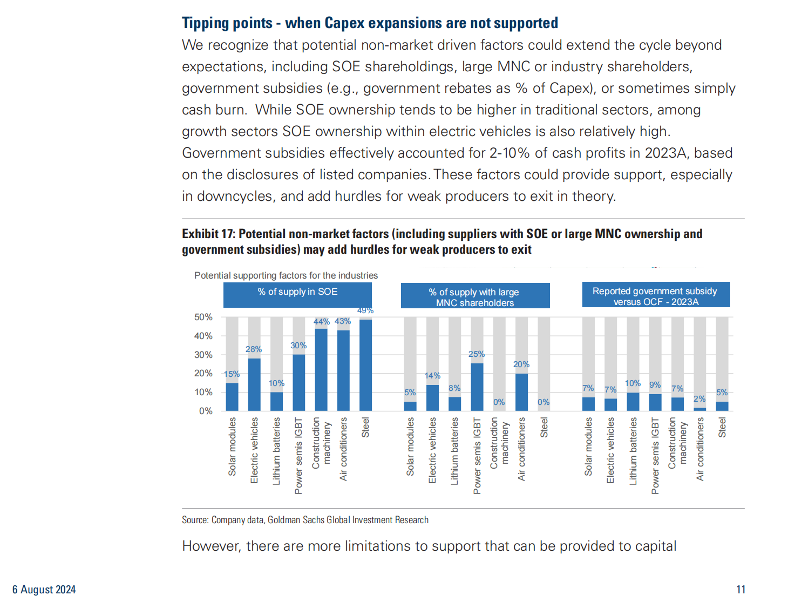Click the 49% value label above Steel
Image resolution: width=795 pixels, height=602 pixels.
tap(365, 310)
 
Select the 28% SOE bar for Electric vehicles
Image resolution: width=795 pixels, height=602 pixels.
tap(254, 384)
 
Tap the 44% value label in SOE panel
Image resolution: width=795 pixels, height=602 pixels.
tap(321, 322)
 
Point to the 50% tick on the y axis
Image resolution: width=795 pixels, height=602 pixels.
tap(203, 317)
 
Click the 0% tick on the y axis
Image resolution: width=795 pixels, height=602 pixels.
tap(206, 411)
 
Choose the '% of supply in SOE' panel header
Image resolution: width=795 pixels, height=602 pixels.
tap(297, 292)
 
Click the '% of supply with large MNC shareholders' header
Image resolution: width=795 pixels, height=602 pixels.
tap(475, 296)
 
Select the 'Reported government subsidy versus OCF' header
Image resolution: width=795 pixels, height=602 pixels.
tap(655, 296)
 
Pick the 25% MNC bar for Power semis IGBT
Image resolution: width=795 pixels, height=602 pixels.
tap(477, 387)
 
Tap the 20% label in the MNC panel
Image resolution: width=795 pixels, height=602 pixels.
tap(521, 364)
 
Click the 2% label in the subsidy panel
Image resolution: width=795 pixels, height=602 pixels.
tap(699, 399)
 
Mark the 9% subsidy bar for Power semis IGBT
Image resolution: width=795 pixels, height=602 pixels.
tap(655, 402)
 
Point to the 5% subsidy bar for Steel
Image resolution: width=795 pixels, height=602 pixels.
tap(722, 406)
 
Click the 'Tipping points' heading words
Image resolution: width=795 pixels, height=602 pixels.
tap(227, 23)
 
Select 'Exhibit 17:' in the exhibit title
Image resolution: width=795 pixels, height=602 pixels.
tap(209, 234)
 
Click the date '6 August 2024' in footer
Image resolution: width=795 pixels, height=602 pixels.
tap(44, 590)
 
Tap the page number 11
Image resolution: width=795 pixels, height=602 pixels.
tap(741, 590)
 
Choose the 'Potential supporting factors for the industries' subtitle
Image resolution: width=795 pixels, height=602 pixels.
tap(286, 275)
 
